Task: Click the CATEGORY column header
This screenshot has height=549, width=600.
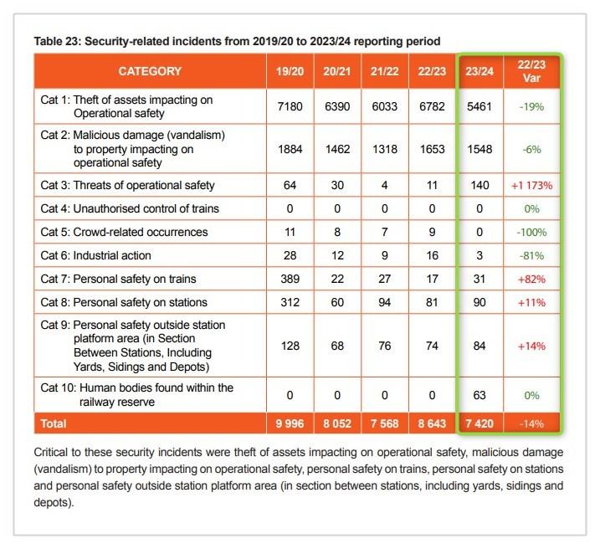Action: (x=150, y=71)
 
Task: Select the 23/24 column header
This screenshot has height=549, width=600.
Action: (x=479, y=71)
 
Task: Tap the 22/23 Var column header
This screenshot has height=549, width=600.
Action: (x=531, y=71)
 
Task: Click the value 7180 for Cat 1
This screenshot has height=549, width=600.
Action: (x=290, y=106)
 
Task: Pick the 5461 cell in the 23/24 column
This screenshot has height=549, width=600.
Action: (x=479, y=106)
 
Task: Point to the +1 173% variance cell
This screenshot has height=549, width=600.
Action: (x=531, y=186)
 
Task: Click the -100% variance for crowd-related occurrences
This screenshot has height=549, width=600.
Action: (x=531, y=232)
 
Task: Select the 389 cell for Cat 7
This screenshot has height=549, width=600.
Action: (x=290, y=279)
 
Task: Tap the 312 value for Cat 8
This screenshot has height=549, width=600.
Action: (x=290, y=302)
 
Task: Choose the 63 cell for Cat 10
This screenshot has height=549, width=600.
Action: (x=479, y=395)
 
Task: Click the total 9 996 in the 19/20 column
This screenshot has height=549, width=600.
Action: (x=290, y=423)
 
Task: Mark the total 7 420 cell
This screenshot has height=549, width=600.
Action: (x=479, y=423)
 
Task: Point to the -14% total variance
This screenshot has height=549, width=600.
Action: (x=531, y=423)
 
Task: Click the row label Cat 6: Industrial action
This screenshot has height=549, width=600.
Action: (x=95, y=255)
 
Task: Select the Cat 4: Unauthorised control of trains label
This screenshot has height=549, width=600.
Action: (x=130, y=209)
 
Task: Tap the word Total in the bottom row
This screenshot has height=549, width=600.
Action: (x=54, y=423)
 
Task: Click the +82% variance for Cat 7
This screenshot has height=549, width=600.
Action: (x=531, y=279)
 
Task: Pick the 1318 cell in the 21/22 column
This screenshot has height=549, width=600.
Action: (x=385, y=149)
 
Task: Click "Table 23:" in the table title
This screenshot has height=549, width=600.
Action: (x=58, y=41)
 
